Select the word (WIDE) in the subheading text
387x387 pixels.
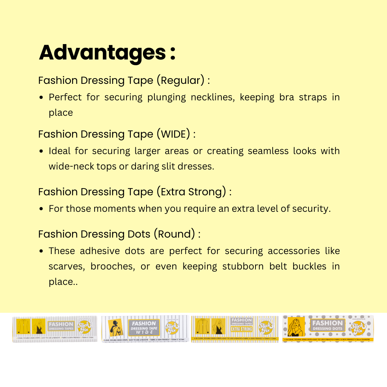tap(173, 134)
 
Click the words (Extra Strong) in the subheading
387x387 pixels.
tap(191, 192)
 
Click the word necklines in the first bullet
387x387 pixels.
tap(212, 97)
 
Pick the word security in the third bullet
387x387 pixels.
tap(310, 209)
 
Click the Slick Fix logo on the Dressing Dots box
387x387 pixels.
tap(358, 328)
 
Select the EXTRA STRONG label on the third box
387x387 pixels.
tap(242, 329)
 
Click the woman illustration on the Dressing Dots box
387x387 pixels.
tap(296, 327)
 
